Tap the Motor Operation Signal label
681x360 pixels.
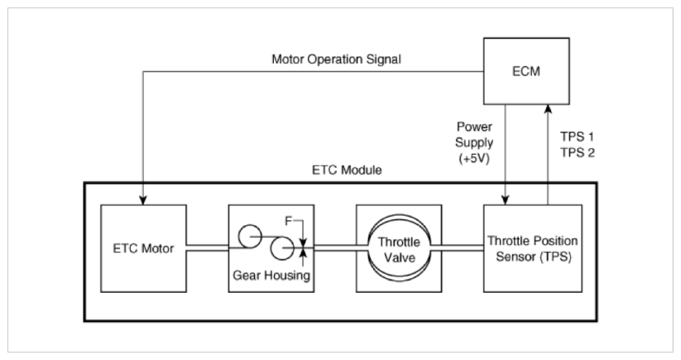point(336,59)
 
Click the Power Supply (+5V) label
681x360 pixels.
point(474,143)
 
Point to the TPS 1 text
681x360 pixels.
point(577,137)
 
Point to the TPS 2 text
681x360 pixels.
point(578,153)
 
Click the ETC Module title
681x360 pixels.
point(347,170)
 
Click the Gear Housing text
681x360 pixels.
point(271,276)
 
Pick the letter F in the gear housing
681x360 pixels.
point(289,221)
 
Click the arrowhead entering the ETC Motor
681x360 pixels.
point(143,200)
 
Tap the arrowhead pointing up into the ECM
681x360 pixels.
point(548,109)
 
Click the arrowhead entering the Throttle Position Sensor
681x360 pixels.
point(505,200)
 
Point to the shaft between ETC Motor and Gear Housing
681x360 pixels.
point(208,248)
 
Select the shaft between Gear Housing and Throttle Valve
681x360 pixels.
point(335,248)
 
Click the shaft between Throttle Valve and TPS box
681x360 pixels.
point(457,248)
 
